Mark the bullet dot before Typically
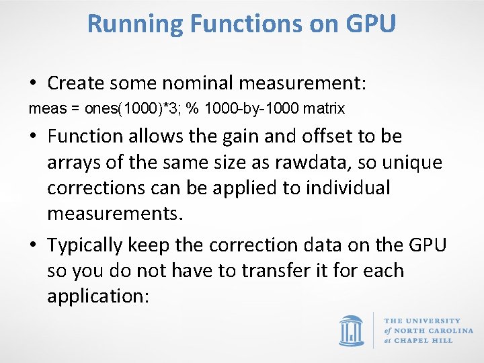point(33,246)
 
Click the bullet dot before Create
point(33,85)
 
